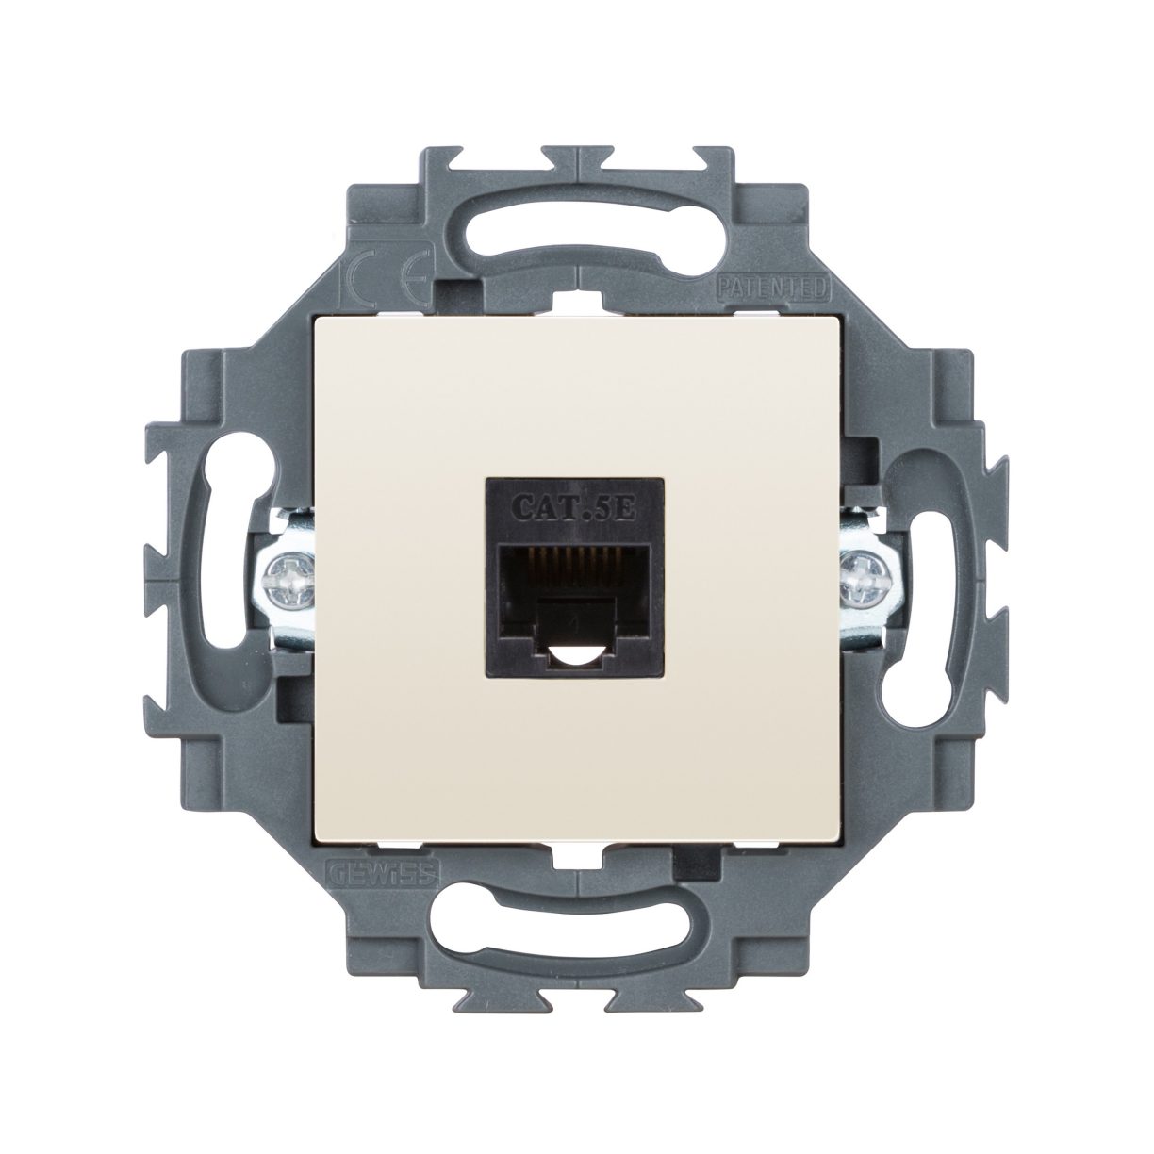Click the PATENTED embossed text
pyautogui.click(x=772, y=286)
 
